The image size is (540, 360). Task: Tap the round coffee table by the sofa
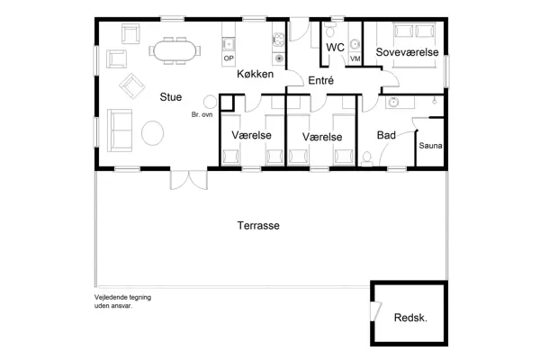click(x=153, y=133)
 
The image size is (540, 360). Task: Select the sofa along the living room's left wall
click(x=118, y=128)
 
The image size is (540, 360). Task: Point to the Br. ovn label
click(x=201, y=115)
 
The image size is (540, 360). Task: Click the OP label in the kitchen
click(x=229, y=58)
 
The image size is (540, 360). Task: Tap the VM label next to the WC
click(x=355, y=58)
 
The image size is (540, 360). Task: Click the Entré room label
click(x=320, y=81)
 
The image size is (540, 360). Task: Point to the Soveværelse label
click(x=407, y=53)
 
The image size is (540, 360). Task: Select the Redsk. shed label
click(x=410, y=319)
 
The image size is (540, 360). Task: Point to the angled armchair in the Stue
click(x=132, y=87)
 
